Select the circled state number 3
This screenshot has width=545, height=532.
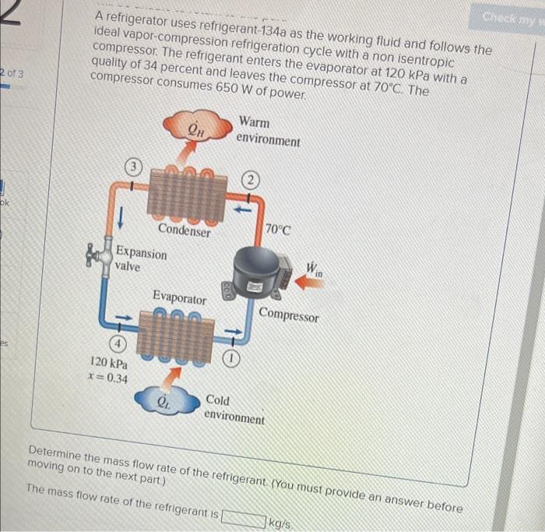135,166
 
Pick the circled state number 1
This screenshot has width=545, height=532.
232,359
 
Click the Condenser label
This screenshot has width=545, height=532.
185,230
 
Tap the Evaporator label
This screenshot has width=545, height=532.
179,298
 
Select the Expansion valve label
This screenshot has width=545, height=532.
140,259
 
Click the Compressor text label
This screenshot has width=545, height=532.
289,315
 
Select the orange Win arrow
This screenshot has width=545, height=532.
308,284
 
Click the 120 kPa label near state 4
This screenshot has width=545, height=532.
108,363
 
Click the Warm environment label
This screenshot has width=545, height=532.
268,132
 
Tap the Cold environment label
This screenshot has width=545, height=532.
234,409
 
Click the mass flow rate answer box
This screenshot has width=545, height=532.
244,516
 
